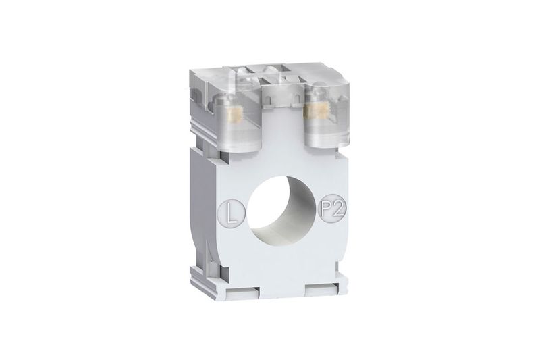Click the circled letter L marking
(232, 214)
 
